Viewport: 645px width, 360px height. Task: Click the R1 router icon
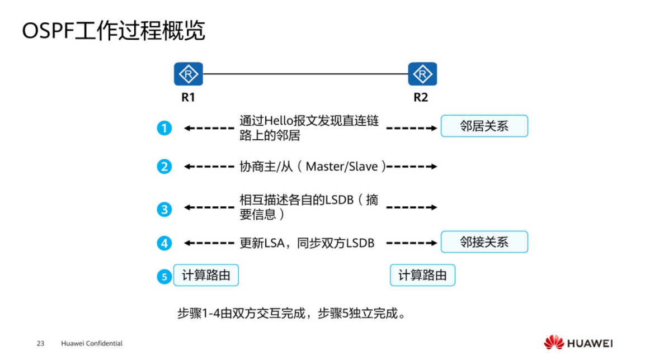pyautogui.click(x=188, y=74)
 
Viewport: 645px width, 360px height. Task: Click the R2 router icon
pyautogui.click(x=422, y=74)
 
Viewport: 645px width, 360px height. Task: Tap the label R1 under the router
pyautogui.click(x=188, y=97)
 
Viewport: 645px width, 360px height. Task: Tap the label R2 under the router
pyautogui.click(x=421, y=97)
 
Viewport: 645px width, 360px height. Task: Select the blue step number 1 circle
pyautogui.click(x=164, y=129)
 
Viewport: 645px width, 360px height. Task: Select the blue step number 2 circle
pyautogui.click(x=164, y=167)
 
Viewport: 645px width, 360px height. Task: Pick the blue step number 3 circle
pyautogui.click(x=164, y=209)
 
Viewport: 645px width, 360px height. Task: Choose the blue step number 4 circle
pyautogui.click(x=164, y=243)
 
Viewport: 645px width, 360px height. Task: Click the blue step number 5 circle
pyautogui.click(x=164, y=276)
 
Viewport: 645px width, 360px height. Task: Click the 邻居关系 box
pyautogui.click(x=484, y=126)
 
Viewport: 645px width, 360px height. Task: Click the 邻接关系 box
pyautogui.click(x=484, y=242)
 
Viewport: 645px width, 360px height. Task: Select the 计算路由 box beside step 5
pyautogui.click(x=206, y=275)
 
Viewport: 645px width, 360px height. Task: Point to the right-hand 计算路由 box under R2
pyautogui.click(x=422, y=275)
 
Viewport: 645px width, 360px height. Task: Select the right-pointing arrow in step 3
pyautogui.click(x=412, y=207)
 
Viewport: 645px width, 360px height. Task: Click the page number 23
pyautogui.click(x=40, y=343)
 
